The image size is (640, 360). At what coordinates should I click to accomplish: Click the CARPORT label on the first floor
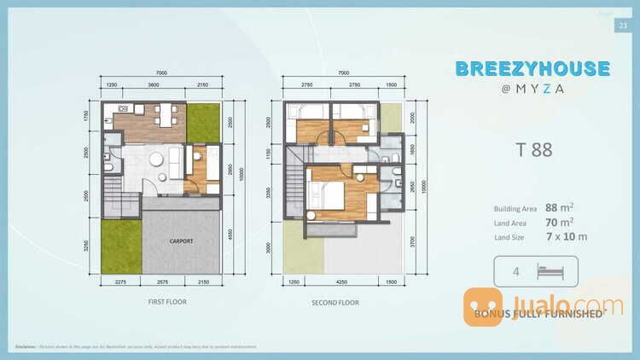click(180, 241)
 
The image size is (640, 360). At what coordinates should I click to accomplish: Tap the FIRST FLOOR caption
click(167, 302)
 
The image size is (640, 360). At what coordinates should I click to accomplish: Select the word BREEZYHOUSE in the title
click(532, 68)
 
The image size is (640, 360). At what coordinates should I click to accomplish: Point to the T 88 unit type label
click(533, 150)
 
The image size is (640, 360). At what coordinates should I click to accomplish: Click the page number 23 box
click(620, 26)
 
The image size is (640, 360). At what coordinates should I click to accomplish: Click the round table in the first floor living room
click(156, 160)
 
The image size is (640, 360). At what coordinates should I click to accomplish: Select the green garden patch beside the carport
click(121, 247)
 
